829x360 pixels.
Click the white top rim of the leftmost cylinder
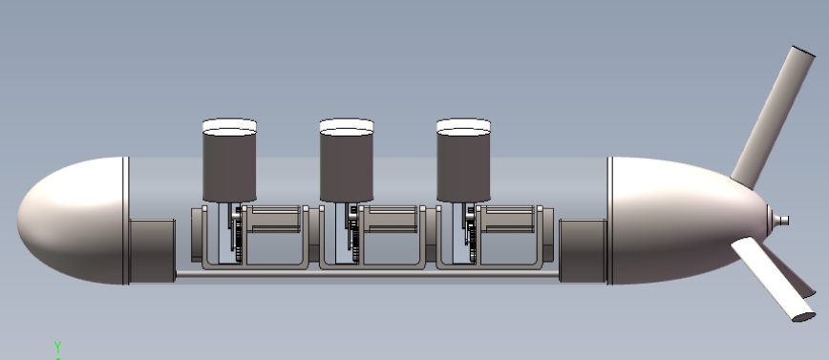click(x=229, y=127)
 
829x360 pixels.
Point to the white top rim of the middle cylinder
click(x=347, y=127)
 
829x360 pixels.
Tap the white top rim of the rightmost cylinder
click(x=463, y=127)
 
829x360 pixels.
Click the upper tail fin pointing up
click(x=774, y=116)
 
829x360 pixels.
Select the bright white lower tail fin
click(x=772, y=279)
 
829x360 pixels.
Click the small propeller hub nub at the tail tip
click(x=780, y=220)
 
